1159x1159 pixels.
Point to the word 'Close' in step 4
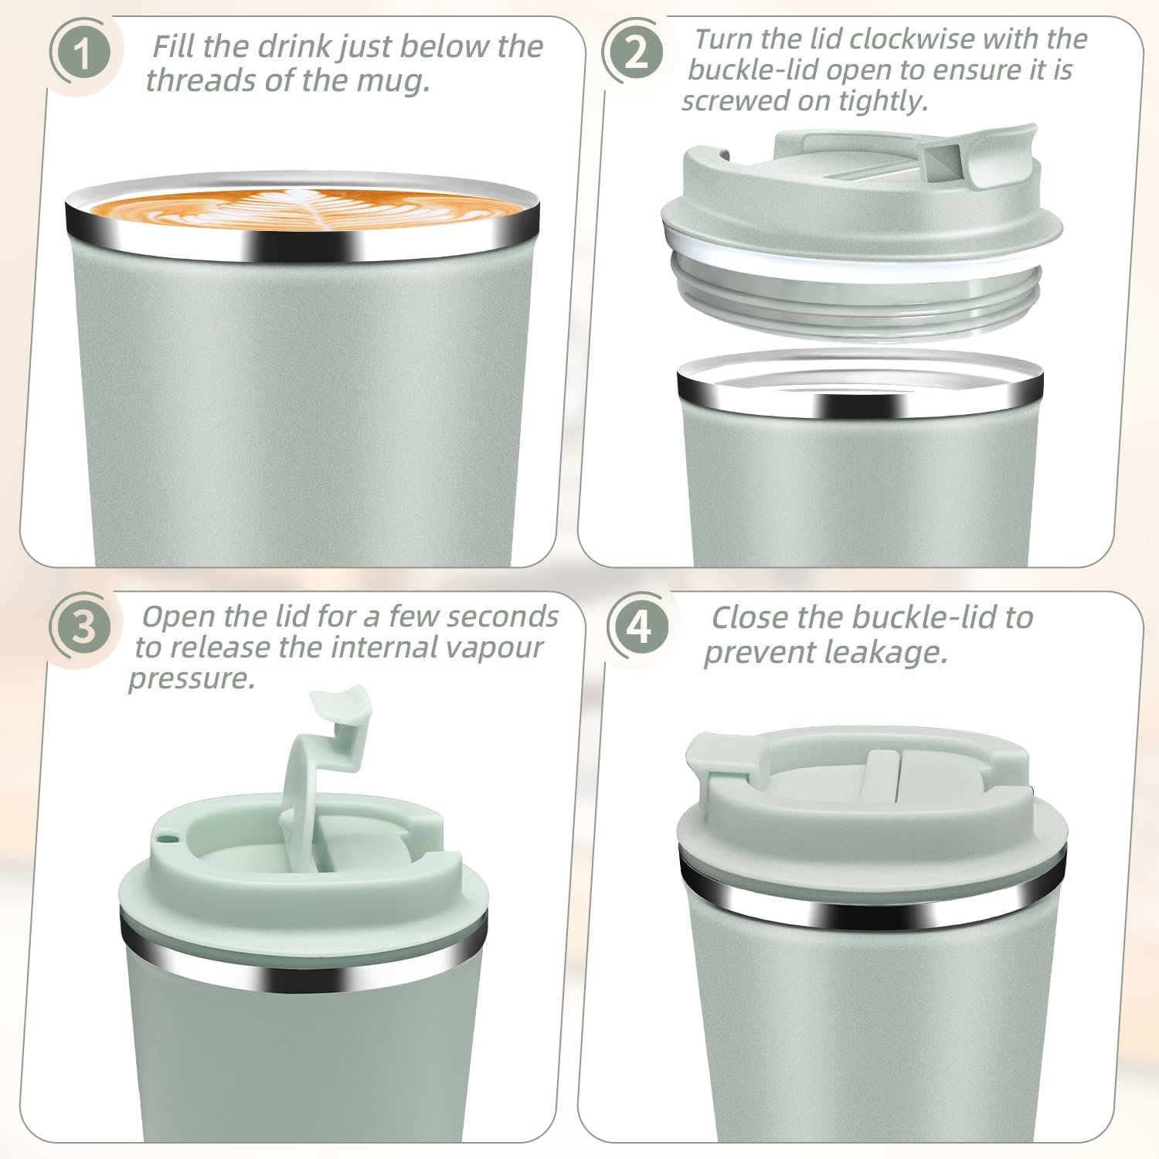point(749,618)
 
